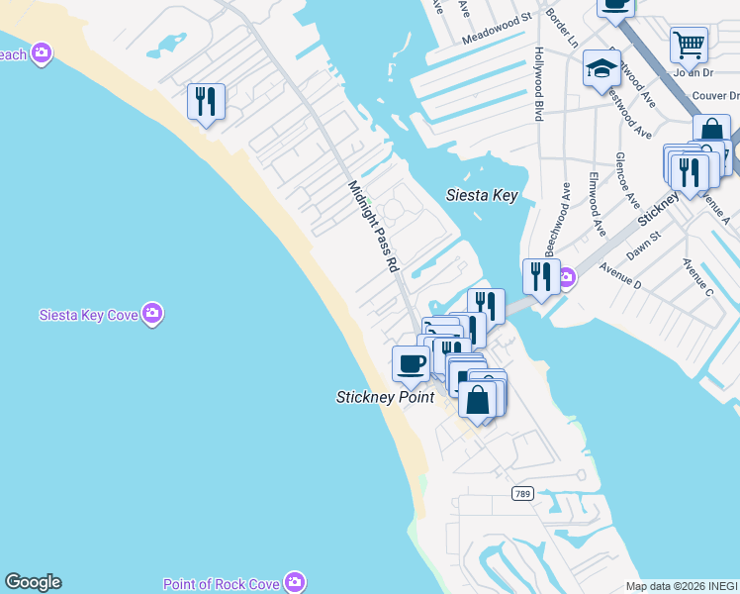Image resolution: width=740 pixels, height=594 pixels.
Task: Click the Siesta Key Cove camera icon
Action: [151, 314]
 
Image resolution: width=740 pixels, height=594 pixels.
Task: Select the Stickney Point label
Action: [385, 397]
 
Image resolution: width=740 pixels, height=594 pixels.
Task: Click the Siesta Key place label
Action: [481, 195]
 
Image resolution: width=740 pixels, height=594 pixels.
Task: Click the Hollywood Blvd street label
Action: [539, 84]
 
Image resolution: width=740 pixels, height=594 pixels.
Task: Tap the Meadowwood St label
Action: [497, 41]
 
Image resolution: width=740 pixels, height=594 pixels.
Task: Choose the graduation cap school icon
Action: [601, 69]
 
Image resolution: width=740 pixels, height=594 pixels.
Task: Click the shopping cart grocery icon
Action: [689, 44]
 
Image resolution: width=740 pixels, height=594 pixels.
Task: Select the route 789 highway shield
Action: [523, 493]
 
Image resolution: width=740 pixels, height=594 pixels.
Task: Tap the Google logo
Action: [33, 582]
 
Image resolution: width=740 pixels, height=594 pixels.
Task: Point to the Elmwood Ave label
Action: [597, 205]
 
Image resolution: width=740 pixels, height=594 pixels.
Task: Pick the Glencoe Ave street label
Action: [627, 179]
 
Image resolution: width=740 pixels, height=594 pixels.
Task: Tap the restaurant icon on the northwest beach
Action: [206, 101]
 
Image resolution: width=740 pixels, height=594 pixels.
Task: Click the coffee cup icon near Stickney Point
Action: [411, 362]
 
